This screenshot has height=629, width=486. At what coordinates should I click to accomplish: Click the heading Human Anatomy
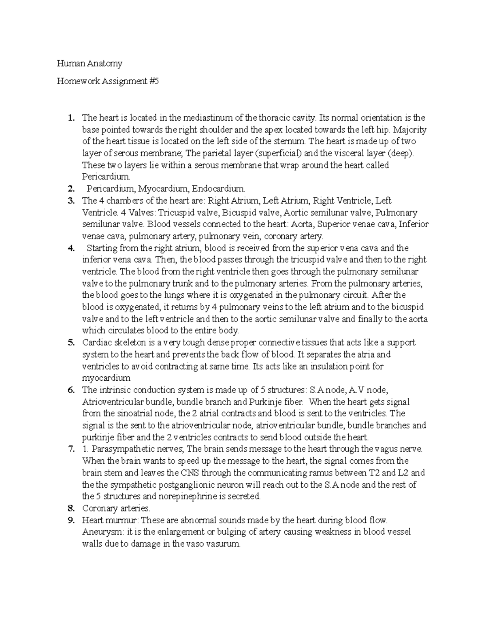click(90, 64)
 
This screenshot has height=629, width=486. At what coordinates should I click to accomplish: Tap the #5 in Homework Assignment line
click(154, 81)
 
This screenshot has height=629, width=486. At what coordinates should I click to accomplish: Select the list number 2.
click(71, 189)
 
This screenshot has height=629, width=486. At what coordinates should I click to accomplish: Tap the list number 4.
click(71, 248)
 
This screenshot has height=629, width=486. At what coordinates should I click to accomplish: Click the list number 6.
click(71, 390)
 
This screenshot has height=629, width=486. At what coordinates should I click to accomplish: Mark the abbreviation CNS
click(189, 473)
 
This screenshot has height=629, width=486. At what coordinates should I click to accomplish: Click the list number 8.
click(71, 508)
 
